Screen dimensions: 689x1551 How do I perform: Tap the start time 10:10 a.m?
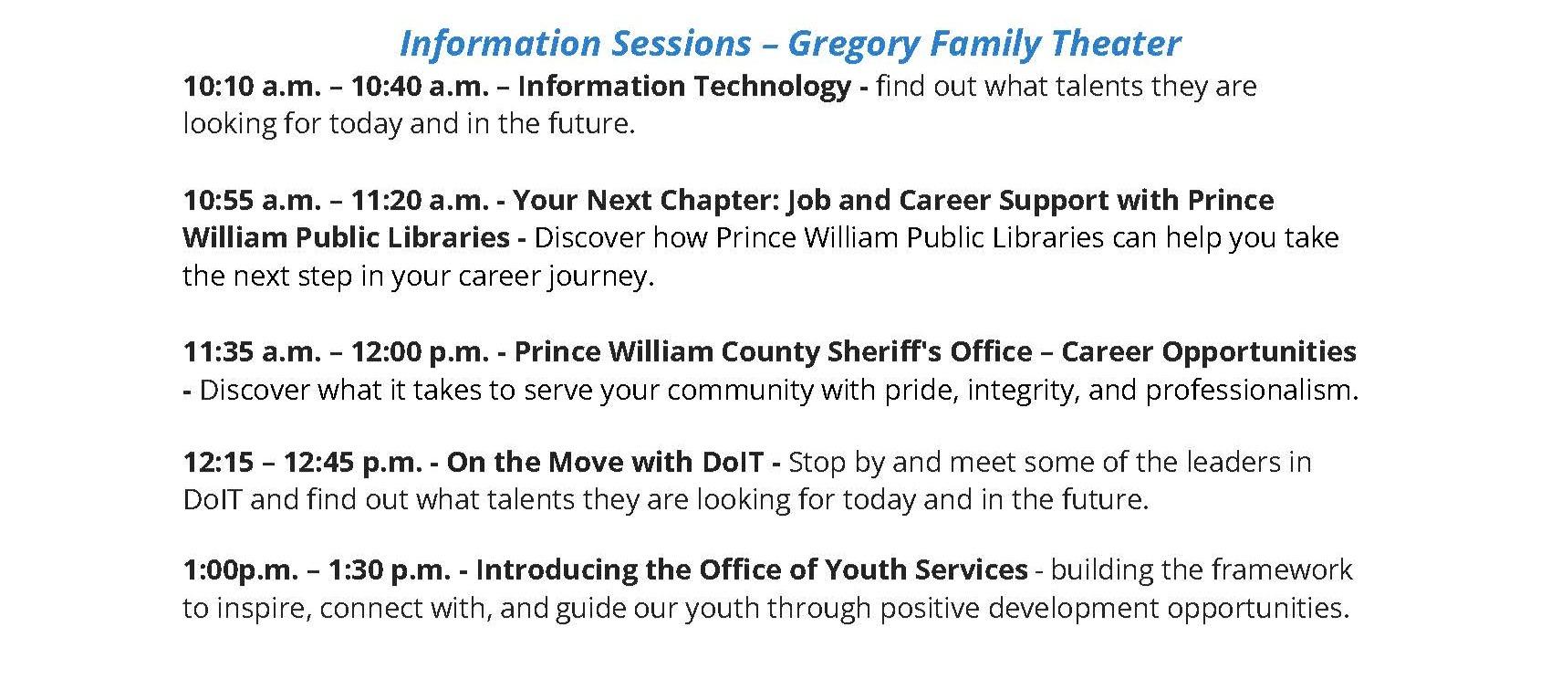point(252,87)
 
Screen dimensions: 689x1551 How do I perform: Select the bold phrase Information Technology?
point(684,87)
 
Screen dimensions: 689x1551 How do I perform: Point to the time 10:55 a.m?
point(252,200)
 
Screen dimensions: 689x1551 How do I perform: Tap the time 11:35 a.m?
point(252,352)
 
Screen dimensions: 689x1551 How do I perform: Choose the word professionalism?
point(1251,391)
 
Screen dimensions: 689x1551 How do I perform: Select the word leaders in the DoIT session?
point(1234,463)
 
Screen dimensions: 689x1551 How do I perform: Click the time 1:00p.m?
point(240,570)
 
